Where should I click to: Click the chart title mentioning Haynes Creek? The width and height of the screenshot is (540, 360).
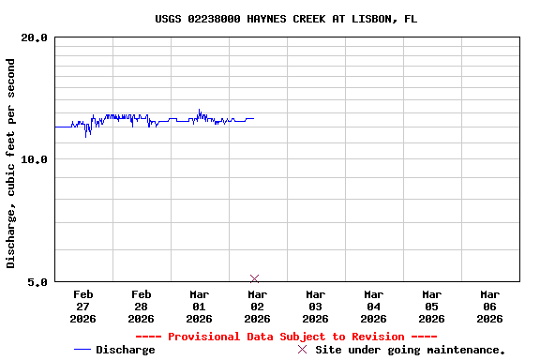point(286,19)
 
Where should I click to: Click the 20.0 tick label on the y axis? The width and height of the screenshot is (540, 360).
point(35,37)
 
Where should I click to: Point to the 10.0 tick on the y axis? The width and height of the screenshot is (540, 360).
point(35,159)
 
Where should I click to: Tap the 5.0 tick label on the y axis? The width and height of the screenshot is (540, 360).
point(37,281)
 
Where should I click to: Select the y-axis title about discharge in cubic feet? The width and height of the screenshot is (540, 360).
point(11,163)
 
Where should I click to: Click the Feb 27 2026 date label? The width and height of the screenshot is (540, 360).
point(82,307)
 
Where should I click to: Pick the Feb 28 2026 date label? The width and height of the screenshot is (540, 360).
point(141,307)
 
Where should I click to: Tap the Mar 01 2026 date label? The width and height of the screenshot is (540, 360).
point(199,307)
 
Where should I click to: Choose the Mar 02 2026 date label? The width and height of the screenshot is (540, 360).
point(257,307)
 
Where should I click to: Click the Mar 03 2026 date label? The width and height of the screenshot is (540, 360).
point(315,307)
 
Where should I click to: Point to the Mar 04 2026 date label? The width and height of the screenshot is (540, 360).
point(373,307)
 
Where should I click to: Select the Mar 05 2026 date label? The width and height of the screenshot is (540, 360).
point(431,307)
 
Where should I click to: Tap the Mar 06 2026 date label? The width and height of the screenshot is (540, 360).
point(489,307)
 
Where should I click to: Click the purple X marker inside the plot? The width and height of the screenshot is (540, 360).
point(255,278)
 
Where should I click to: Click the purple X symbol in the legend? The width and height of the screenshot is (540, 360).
point(302,350)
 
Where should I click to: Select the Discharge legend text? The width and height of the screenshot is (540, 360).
point(125,350)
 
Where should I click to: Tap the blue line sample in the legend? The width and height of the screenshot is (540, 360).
point(82,350)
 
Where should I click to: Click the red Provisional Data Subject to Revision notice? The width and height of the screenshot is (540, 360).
point(286,337)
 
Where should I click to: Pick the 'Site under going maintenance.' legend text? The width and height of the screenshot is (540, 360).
point(411,350)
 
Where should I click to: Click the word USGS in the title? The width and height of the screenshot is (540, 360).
point(170,19)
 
